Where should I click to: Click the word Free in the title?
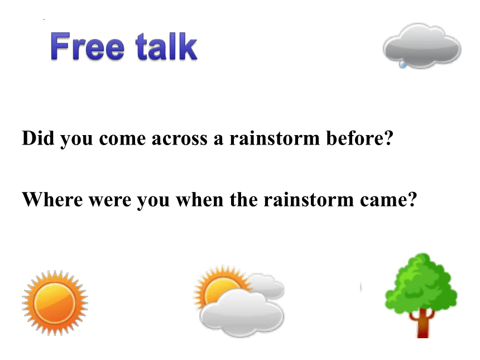click(88, 46)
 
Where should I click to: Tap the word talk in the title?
click(166, 46)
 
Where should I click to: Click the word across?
click(179, 139)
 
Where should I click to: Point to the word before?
click(359, 138)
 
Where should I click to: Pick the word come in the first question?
click(122, 140)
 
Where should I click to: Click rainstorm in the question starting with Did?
click(275, 138)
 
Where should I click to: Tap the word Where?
click(52, 200)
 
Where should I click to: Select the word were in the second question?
click(110, 201)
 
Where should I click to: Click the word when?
click(200, 200)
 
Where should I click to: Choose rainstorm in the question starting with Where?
click(309, 200)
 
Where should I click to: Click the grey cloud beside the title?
click(422, 45)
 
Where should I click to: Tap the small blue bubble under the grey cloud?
click(404, 65)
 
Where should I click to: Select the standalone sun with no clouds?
click(55, 303)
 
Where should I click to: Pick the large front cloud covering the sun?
click(242, 314)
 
